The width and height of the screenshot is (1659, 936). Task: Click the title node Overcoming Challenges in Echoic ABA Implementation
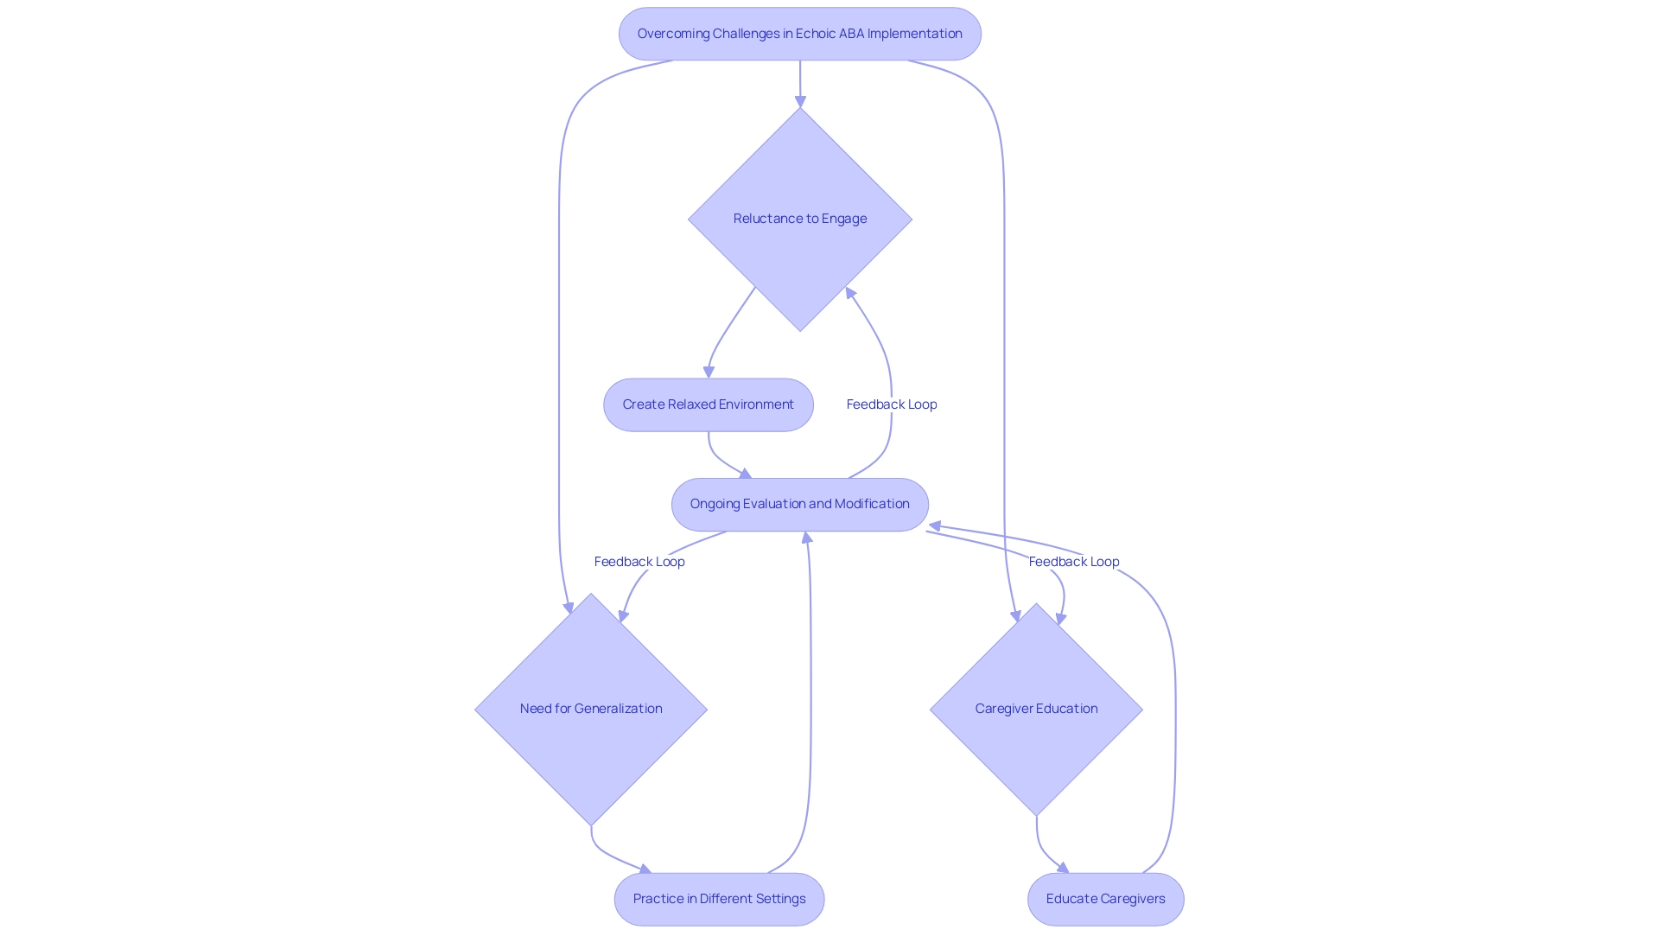(799, 34)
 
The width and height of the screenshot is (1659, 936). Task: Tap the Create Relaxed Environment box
(708, 404)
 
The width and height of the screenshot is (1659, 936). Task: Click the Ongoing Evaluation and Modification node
(799, 504)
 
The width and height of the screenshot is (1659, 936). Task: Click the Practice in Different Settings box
(719, 899)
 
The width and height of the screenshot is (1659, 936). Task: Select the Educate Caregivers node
(1105, 899)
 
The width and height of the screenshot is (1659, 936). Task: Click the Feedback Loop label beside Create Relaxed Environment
(891, 404)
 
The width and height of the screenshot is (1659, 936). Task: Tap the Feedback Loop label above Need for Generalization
(639, 562)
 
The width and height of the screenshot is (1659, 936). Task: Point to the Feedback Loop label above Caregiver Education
(1073, 562)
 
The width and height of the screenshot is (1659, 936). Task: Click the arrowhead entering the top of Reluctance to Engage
(800, 101)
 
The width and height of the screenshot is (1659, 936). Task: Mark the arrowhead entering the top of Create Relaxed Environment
(709, 372)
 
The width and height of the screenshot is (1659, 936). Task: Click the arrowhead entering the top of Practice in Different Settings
(645, 869)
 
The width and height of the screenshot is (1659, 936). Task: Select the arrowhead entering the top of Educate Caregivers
(1063, 868)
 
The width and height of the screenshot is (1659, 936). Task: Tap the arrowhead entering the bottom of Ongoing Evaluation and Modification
(807, 538)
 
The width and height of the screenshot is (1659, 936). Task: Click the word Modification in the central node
(872, 504)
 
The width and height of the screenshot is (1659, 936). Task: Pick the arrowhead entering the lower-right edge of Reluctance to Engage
(850, 294)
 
